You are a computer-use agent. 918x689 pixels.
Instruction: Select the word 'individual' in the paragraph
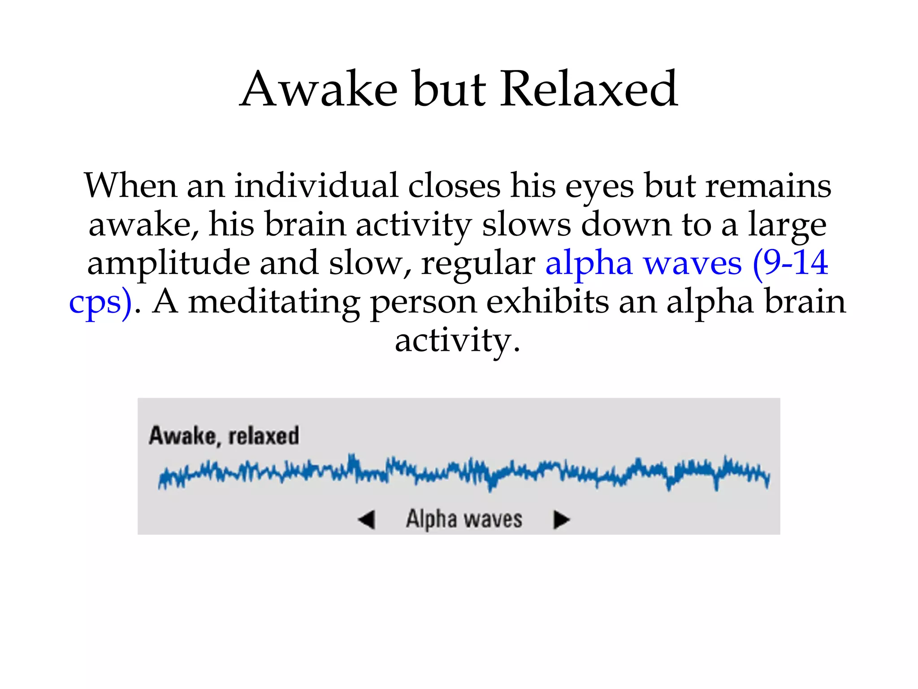(316, 186)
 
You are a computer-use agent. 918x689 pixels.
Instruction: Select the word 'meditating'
(274, 302)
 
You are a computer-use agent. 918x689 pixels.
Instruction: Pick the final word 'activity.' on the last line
(457, 341)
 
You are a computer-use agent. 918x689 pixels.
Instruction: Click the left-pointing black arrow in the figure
(367, 520)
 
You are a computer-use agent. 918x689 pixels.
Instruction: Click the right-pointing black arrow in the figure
(561, 520)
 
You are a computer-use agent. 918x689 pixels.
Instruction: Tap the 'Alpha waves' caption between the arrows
(464, 519)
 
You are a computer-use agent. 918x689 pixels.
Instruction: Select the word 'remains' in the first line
(768, 186)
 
